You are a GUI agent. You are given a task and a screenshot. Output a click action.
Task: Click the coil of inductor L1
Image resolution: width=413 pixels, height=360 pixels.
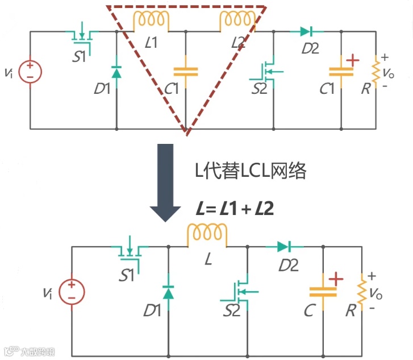click(151, 21)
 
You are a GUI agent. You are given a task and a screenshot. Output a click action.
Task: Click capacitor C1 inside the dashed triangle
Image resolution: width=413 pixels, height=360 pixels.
click(185, 72)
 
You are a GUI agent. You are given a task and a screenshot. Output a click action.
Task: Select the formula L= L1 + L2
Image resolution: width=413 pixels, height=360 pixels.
click(235, 209)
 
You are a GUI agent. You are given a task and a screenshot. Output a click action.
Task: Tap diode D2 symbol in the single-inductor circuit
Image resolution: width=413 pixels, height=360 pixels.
click(283, 247)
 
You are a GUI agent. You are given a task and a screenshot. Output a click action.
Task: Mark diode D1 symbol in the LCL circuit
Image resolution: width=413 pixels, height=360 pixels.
click(116, 72)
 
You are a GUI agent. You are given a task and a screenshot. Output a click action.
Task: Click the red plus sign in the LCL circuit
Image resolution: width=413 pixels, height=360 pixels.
click(353, 60)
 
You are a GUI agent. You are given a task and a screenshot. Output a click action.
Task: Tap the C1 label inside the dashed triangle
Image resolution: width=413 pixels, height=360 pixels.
click(172, 89)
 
